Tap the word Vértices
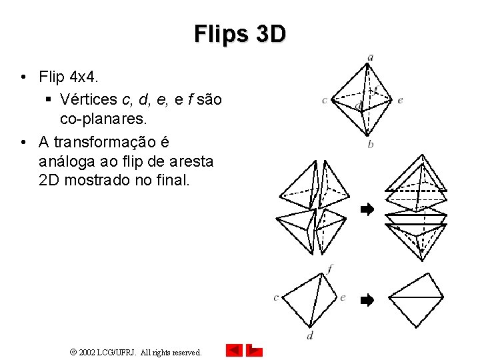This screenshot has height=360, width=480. pyautogui.click(x=88, y=100)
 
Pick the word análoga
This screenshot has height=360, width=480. pyautogui.click(x=69, y=161)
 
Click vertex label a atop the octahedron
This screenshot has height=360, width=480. pyautogui.click(x=370, y=57)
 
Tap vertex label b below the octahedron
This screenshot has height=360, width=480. pyautogui.click(x=370, y=144)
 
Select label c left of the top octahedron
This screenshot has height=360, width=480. pyautogui.click(x=325, y=101)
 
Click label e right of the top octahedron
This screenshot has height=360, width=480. pyautogui.click(x=399, y=101)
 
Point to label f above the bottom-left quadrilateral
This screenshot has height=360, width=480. pyautogui.click(x=330, y=268)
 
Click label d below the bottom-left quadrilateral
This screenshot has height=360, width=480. pyautogui.click(x=310, y=335)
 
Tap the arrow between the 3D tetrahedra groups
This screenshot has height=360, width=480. pyautogui.click(x=367, y=210)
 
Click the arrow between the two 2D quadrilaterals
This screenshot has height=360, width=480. pyautogui.click(x=367, y=300)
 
